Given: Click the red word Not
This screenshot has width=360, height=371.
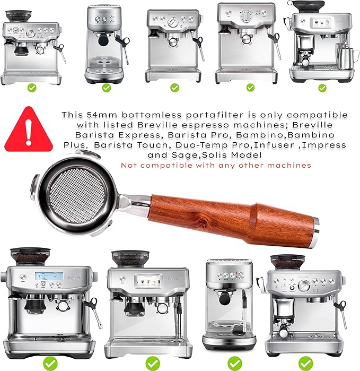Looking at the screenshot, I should point(129,165).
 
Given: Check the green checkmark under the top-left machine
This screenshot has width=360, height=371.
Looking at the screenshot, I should point(32,88).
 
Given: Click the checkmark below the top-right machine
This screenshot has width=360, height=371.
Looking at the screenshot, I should point(322,88).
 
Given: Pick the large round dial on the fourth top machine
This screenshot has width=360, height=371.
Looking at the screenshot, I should point(244,16).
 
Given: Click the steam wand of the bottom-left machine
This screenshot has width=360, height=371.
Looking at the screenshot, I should point(95,313).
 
